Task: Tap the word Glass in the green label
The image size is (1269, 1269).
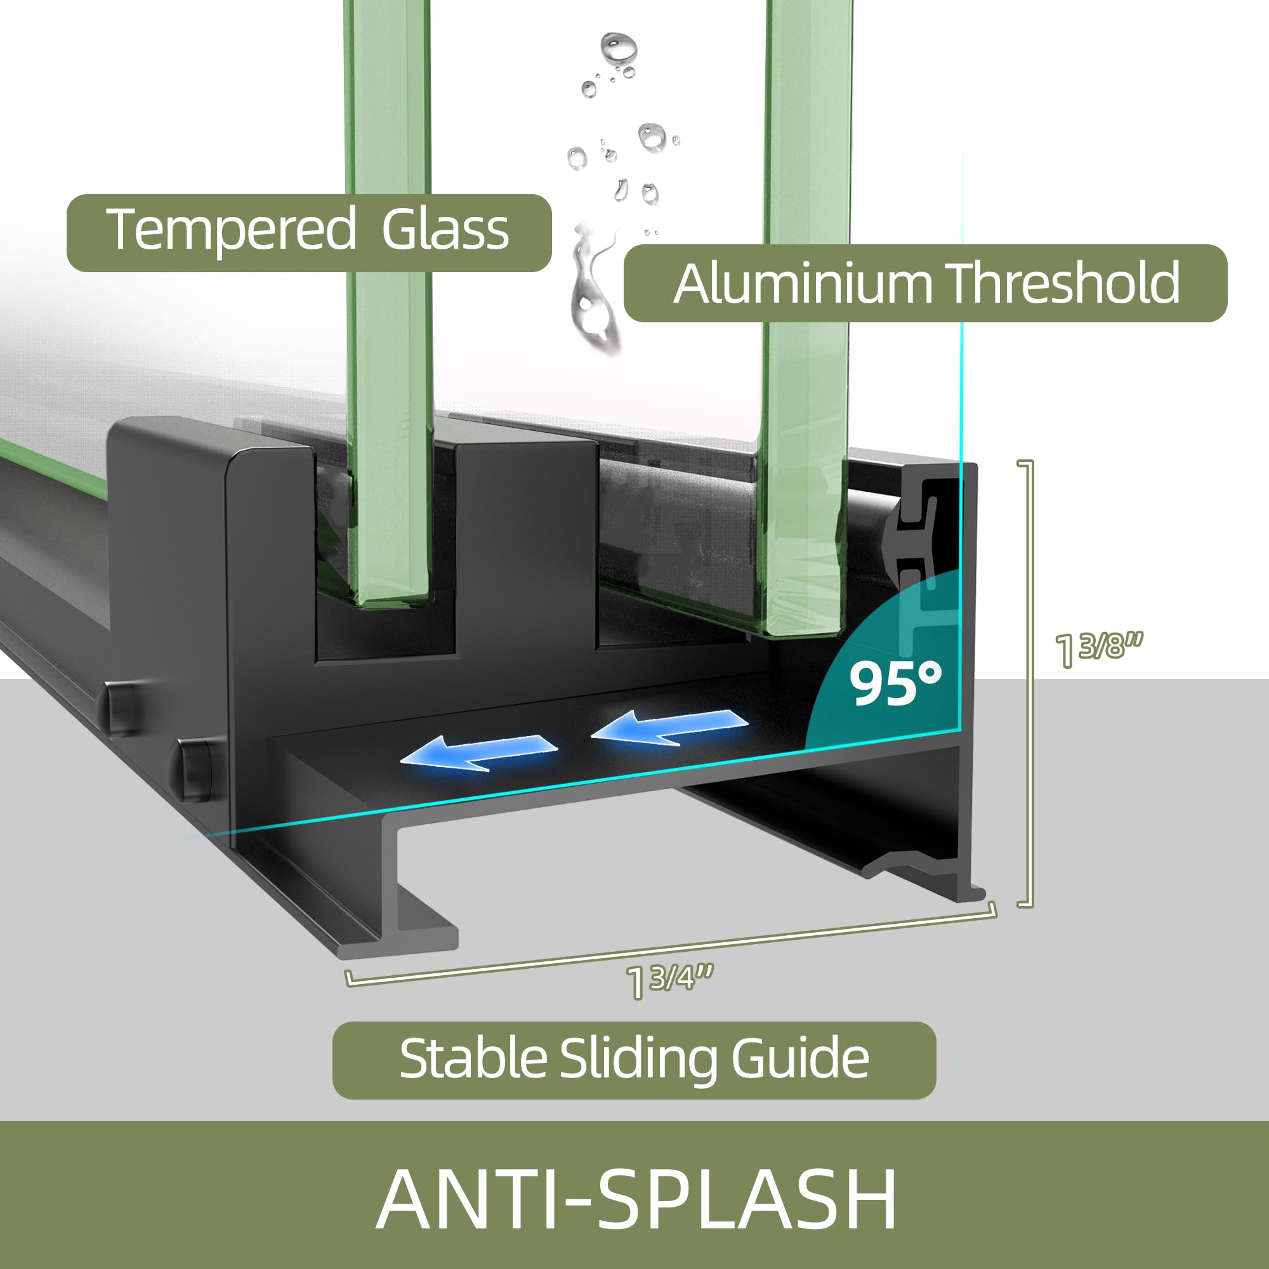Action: point(445,230)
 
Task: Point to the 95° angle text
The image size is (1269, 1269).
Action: point(895,683)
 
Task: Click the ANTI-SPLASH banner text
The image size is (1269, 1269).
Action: point(636,1199)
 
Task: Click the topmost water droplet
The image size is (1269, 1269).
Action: point(618,48)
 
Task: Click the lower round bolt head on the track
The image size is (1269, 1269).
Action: point(193,771)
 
